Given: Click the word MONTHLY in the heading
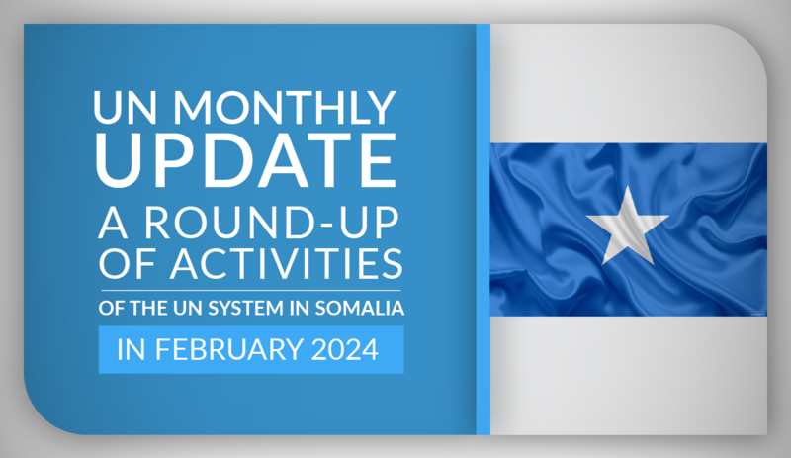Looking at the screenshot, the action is [x=284, y=107].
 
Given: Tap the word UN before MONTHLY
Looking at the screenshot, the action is [x=126, y=107].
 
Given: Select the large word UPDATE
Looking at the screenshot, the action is [x=246, y=159].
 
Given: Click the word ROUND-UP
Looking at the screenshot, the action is [x=272, y=223].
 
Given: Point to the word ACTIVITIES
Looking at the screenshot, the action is [x=286, y=262].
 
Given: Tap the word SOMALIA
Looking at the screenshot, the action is [x=360, y=308].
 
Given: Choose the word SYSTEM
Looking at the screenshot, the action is [x=245, y=308].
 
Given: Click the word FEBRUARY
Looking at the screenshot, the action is [x=229, y=349].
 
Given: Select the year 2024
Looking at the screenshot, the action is [x=344, y=349].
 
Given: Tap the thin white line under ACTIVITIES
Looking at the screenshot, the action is [x=251, y=291].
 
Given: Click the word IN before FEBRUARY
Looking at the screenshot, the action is [x=132, y=349].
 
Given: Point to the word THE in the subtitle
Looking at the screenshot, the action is [x=141, y=308].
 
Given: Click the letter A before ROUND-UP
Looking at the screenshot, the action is [x=113, y=223].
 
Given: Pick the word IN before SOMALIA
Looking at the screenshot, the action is [x=300, y=308].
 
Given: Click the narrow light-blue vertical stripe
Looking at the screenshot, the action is [x=483, y=229].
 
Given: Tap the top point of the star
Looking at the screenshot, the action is [x=628, y=186].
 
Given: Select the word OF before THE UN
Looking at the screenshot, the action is [x=111, y=308].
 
